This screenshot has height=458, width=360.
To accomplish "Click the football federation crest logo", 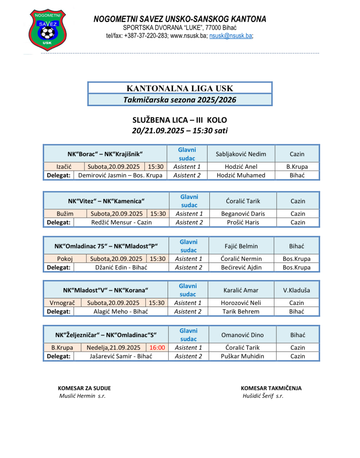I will (x=48, y=30).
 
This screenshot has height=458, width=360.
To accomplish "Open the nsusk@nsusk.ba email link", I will (x=231, y=36).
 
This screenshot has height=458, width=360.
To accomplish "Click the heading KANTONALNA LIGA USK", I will (x=180, y=88).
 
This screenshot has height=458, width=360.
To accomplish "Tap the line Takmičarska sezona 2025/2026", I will (x=180, y=100).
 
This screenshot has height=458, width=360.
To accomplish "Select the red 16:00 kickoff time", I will (x=157, y=348).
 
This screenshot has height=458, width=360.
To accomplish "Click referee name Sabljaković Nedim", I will (x=241, y=154).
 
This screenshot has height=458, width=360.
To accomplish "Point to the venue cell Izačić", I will (x=64, y=167).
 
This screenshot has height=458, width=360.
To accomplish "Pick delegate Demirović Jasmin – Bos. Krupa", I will (x=120, y=175).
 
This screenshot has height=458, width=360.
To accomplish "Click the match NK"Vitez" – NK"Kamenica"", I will (x=106, y=201).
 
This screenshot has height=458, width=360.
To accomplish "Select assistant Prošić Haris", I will (x=243, y=222).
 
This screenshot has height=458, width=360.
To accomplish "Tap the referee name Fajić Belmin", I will (x=241, y=246).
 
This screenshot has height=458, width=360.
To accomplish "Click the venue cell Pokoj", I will (x=65, y=259).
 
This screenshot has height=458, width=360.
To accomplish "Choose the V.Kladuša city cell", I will (x=296, y=290).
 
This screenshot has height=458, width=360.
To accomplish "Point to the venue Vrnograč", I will (x=62, y=303).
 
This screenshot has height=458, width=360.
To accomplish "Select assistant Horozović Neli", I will (x=241, y=303).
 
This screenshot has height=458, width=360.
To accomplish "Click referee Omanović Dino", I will (x=242, y=335).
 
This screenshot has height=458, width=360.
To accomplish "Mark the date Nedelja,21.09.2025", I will (x=113, y=348).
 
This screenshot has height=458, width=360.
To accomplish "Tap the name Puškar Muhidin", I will (x=242, y=356).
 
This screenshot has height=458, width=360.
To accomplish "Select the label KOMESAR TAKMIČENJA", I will (x=271, y=388).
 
